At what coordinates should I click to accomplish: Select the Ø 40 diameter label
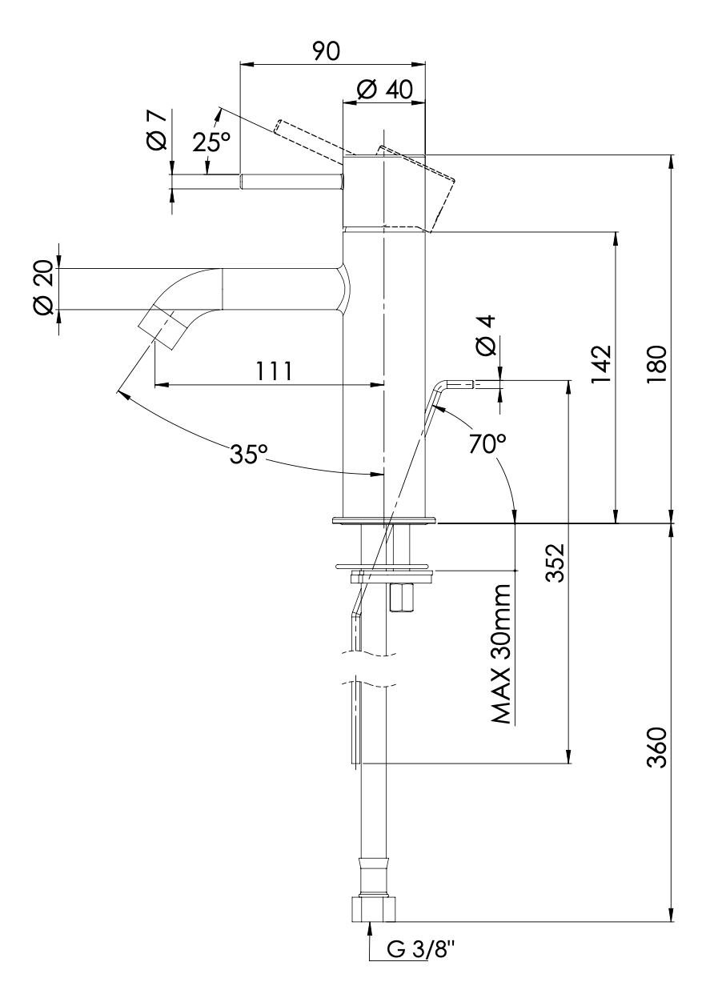(x=385, y=90)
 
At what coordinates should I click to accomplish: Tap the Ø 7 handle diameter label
(x=157, y=129)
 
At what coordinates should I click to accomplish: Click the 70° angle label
(x=488, y=443)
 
